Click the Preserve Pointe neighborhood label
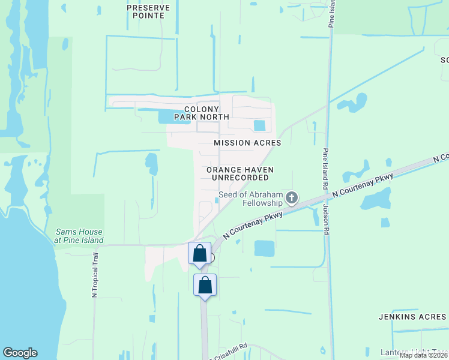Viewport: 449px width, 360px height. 148,11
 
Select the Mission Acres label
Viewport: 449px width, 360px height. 247,143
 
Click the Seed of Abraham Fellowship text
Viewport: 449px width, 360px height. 250,199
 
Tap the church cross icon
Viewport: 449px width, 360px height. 292,197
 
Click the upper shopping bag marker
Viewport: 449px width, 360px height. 200,253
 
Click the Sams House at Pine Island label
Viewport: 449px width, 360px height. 79,236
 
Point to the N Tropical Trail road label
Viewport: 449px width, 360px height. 94,275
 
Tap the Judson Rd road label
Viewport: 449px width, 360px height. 327,220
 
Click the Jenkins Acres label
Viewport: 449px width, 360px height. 412,316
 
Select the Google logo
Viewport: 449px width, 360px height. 20,353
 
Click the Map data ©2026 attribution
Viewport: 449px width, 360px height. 423,355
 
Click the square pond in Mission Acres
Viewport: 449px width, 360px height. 259,125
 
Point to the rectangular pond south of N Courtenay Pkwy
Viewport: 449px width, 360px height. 264,248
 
